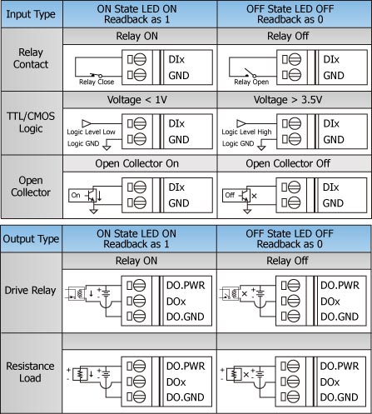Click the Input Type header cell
point(32,14)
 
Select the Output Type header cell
point(32,239)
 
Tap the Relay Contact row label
point(32,59)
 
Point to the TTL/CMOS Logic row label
point(32,122)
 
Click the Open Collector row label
point(32,187)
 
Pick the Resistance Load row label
point(32,372)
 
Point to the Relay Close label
point(97,82)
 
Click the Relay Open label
point(251,82)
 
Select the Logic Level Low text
point(91,132)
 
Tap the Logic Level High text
point(246,132)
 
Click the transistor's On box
point(76,195)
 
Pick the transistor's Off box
point(230,195)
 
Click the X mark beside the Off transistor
point(254,196)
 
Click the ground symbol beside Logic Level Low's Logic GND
point(107,147)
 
